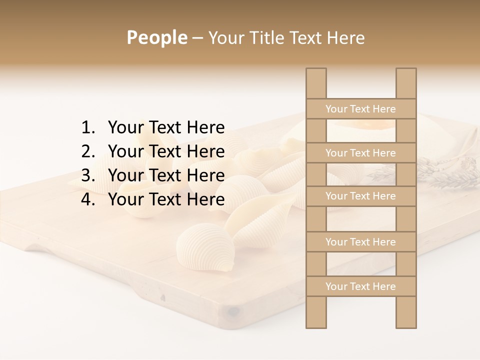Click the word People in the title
tap(157, 37)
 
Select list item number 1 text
tap(166, 127)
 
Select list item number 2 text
tap(166, 151)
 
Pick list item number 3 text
tap(166, 175)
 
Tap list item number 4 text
tap(166, 199)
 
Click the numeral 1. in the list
tap(89, 127)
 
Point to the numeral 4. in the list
tap(89, 199)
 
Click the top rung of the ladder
tap(360, 109)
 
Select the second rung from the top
tap(360, 153)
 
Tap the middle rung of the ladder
tap(360, 196)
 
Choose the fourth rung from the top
tap(360, 242)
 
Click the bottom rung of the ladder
tap(360, 286)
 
